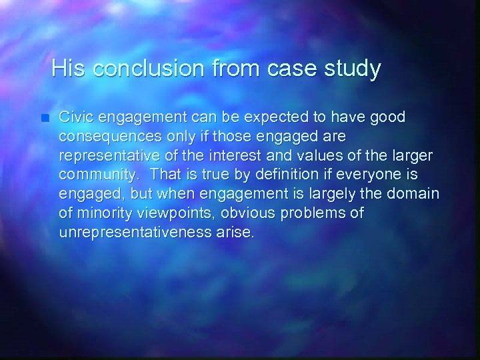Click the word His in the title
[x=69, y=68]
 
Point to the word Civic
[x=75, y=117]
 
